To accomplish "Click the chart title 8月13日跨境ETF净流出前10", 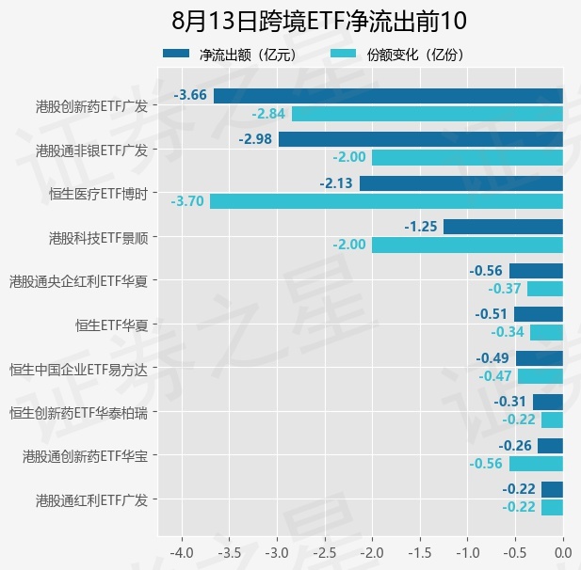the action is [x=318, y=21].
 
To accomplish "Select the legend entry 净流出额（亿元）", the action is [x=230, y=55].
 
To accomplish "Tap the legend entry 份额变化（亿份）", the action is [x=397, y=55].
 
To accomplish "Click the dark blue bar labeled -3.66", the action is [x=388, y=96].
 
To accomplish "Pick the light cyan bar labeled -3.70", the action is [x=386, y=201].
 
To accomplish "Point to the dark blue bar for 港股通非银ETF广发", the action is [x=421, y=139].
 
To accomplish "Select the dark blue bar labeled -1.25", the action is [x=503, y=227].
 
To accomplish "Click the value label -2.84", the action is [x=268, y=114].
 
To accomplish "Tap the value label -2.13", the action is [x=336, y=183].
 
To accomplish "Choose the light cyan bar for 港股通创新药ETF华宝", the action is [x=536, y=464].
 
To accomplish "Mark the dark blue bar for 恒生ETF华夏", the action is [x=539, y=314].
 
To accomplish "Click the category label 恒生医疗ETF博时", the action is [x=99, y=194].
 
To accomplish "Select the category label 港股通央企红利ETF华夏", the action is [x=78, y=281].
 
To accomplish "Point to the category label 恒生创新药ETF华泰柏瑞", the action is [x=78, y=413].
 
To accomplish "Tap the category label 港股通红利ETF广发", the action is [x=92, y=500].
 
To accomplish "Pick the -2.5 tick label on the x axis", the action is [x=325, y=553].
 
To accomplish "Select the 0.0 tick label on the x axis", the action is [x=563, y=553].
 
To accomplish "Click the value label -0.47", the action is [x=495, y=376].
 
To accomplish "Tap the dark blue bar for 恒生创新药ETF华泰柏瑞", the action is [x=548, y=402].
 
